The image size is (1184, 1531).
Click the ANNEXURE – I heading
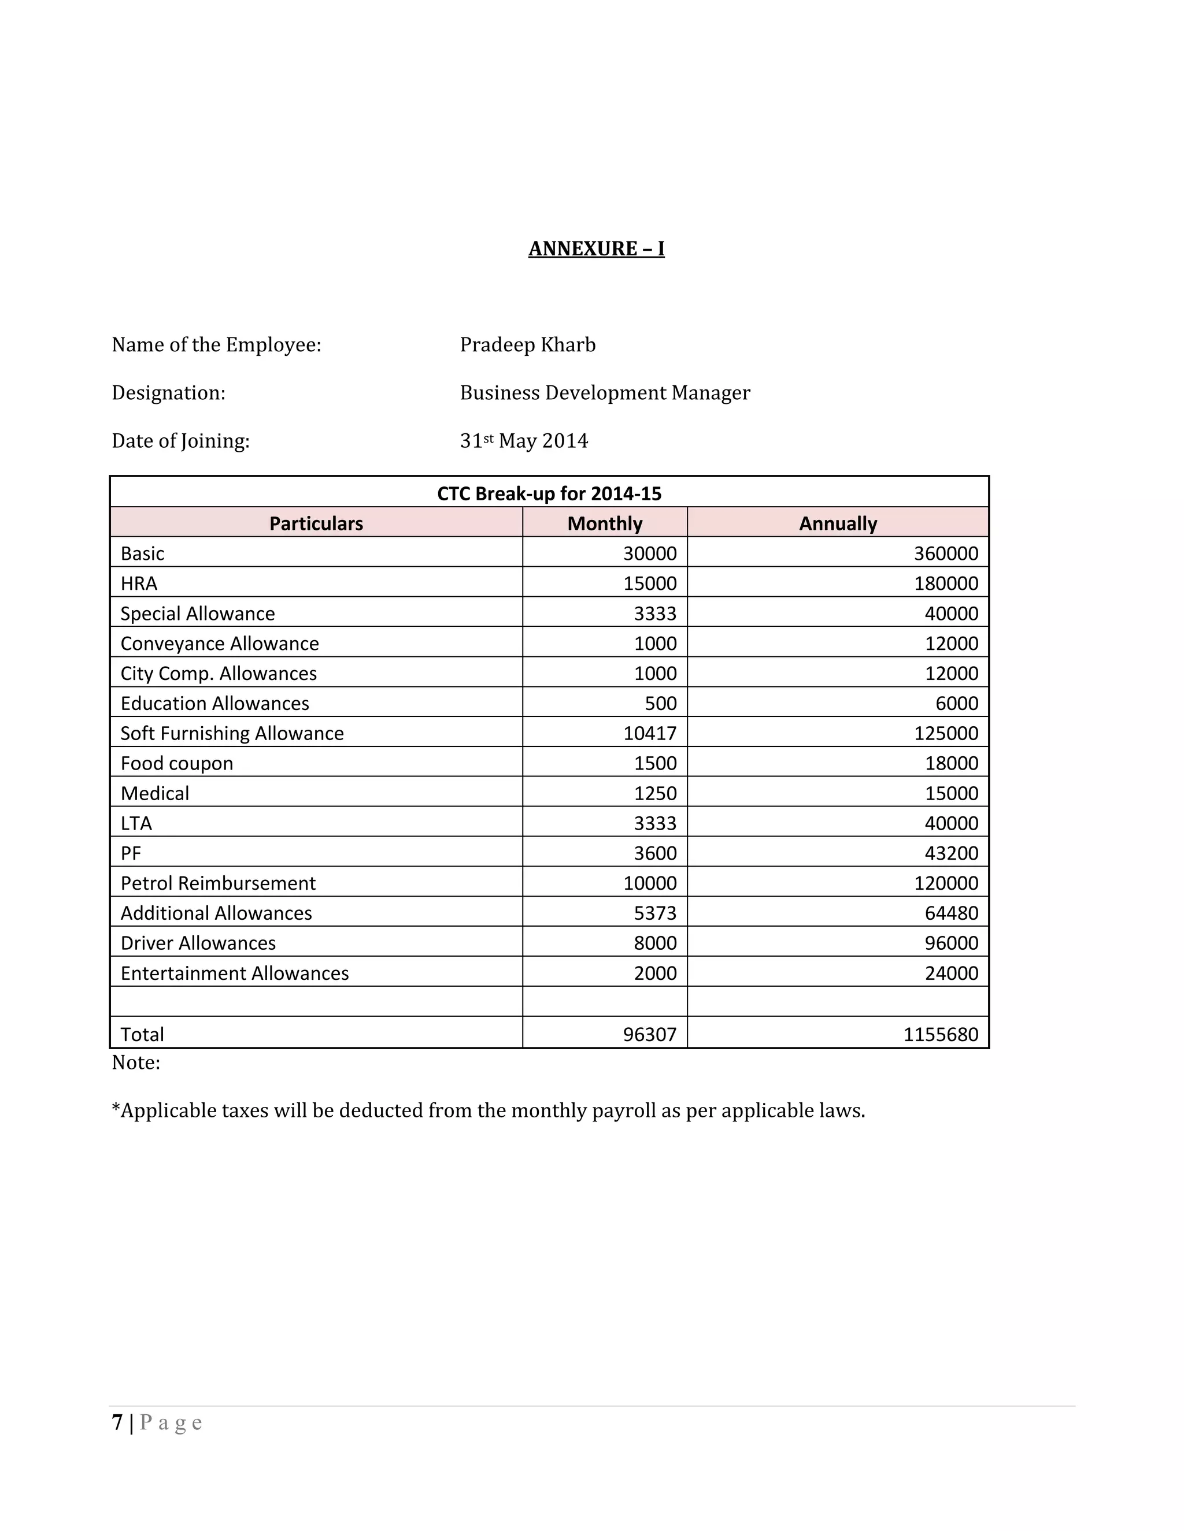pos(596,249)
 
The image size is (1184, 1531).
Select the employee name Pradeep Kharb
pos(527,345)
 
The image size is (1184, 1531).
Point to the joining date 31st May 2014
pos(524,441)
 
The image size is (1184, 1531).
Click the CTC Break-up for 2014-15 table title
pos(549,493)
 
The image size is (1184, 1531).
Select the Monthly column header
pos(605,523)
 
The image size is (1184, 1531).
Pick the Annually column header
pos(838,523)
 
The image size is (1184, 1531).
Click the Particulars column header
pos(316,523)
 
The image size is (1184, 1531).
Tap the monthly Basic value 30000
pos(649,554)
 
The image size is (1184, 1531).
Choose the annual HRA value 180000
pos(945,584)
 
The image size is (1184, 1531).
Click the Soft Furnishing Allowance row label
pos(232,733)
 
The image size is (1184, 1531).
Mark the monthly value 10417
pos(649,733)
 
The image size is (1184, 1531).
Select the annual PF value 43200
pos(951,853)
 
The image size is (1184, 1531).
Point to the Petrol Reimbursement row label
pos(218,883)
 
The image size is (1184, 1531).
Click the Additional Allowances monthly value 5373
pos(655,913)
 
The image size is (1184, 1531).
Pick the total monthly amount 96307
pos(649,1035)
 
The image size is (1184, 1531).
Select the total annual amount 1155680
pos(941,1035)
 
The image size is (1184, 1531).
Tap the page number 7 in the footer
pos(117,1422)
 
